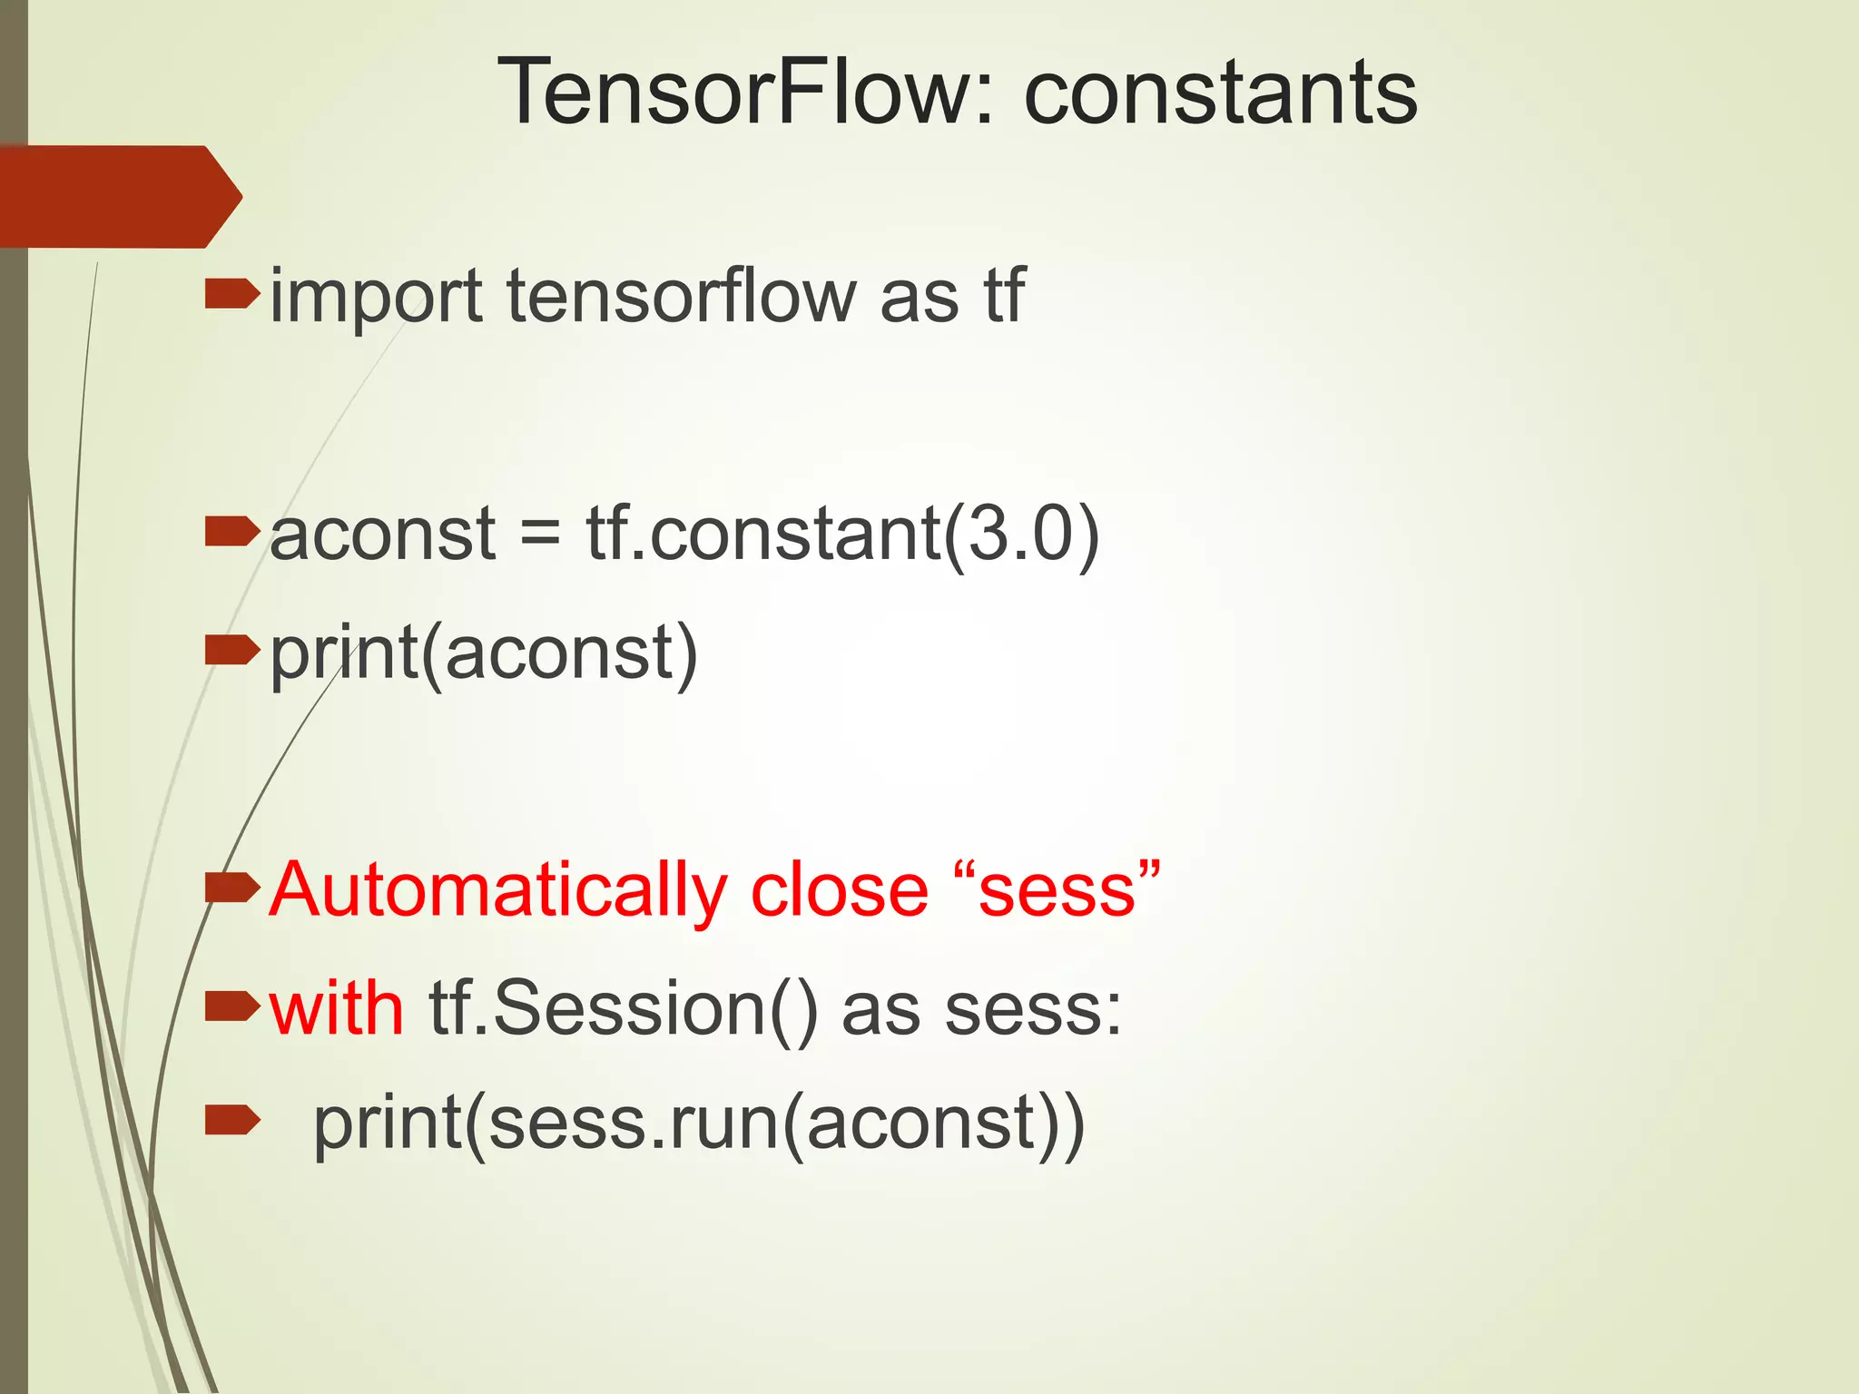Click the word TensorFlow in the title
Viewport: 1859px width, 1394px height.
coord(736,92)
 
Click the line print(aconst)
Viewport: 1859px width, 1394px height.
coord(484,653)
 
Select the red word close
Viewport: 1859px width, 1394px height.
coord(840,891)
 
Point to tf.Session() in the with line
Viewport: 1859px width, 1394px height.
coord(624,1010)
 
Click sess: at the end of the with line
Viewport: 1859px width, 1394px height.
coord(1033,1010)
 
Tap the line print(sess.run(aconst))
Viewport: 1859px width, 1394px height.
coord(698,1125)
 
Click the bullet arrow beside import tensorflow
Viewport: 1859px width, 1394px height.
coord(231,295)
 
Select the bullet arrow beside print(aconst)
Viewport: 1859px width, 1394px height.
coord(231,650)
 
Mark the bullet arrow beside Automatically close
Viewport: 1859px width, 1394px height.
coord(231,888)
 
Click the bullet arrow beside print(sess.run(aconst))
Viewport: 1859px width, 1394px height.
coord(231,1123)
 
